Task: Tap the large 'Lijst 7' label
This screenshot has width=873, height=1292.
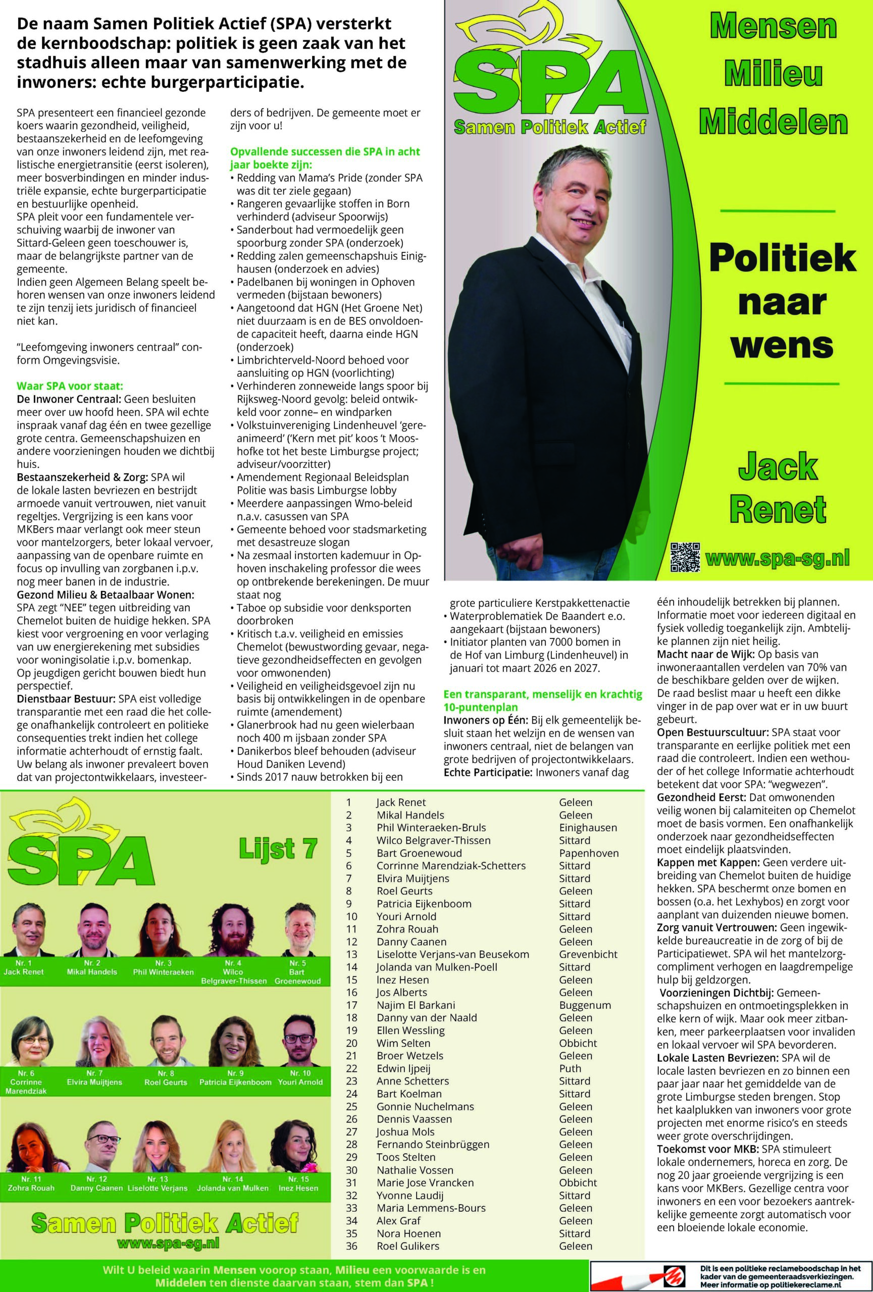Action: click(x=278, y=850)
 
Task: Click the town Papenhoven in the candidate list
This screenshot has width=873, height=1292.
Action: click(x=589, y=853)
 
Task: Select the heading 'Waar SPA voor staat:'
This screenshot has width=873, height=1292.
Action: click(x=70, y=386)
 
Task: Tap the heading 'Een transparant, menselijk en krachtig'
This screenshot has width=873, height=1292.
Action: click(x=542, y=694)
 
